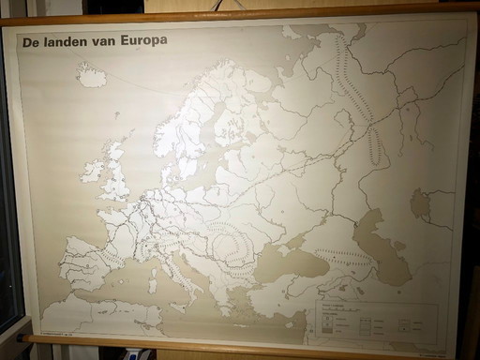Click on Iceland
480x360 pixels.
(92, 76)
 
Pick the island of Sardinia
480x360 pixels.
(154, 277)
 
